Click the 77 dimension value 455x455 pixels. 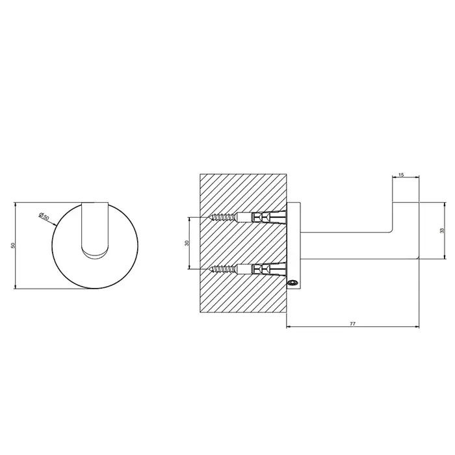point(352,324)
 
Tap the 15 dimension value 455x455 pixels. point(401,175)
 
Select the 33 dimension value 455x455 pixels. point(442,230)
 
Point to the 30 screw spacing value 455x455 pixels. point(187,243)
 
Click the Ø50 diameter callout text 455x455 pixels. point(44,216)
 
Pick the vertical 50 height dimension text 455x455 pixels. point(12,245)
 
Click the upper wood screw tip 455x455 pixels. point(209,216)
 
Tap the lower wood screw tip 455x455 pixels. point(209,269)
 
